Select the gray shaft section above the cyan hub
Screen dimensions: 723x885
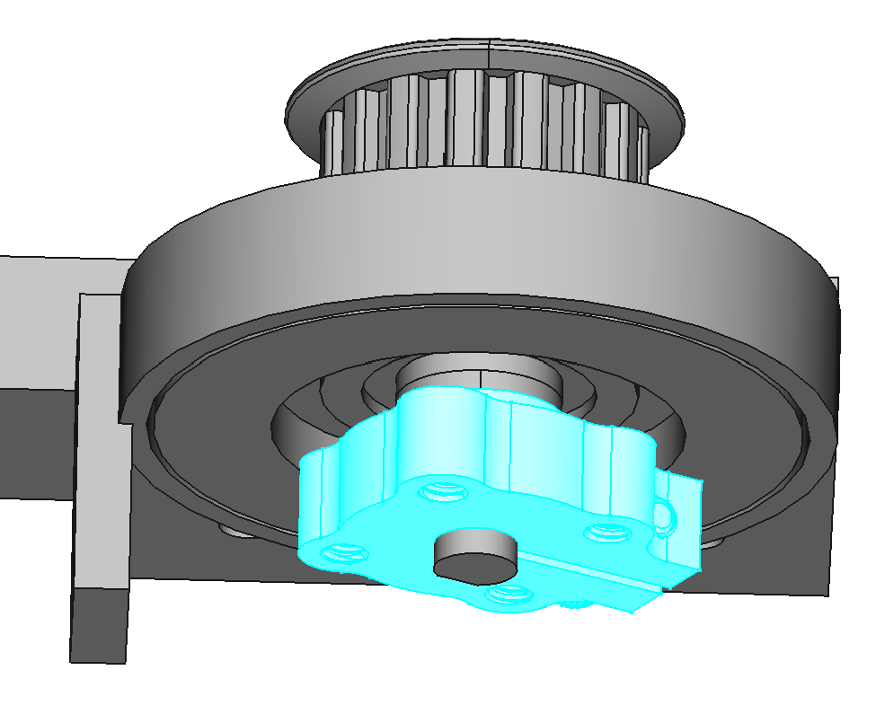coord(481,375)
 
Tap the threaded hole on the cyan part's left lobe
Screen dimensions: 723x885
coord(340,551)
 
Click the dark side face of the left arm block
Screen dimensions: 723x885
coord(36,440)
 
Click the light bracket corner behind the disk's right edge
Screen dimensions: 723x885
coord(835,296)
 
